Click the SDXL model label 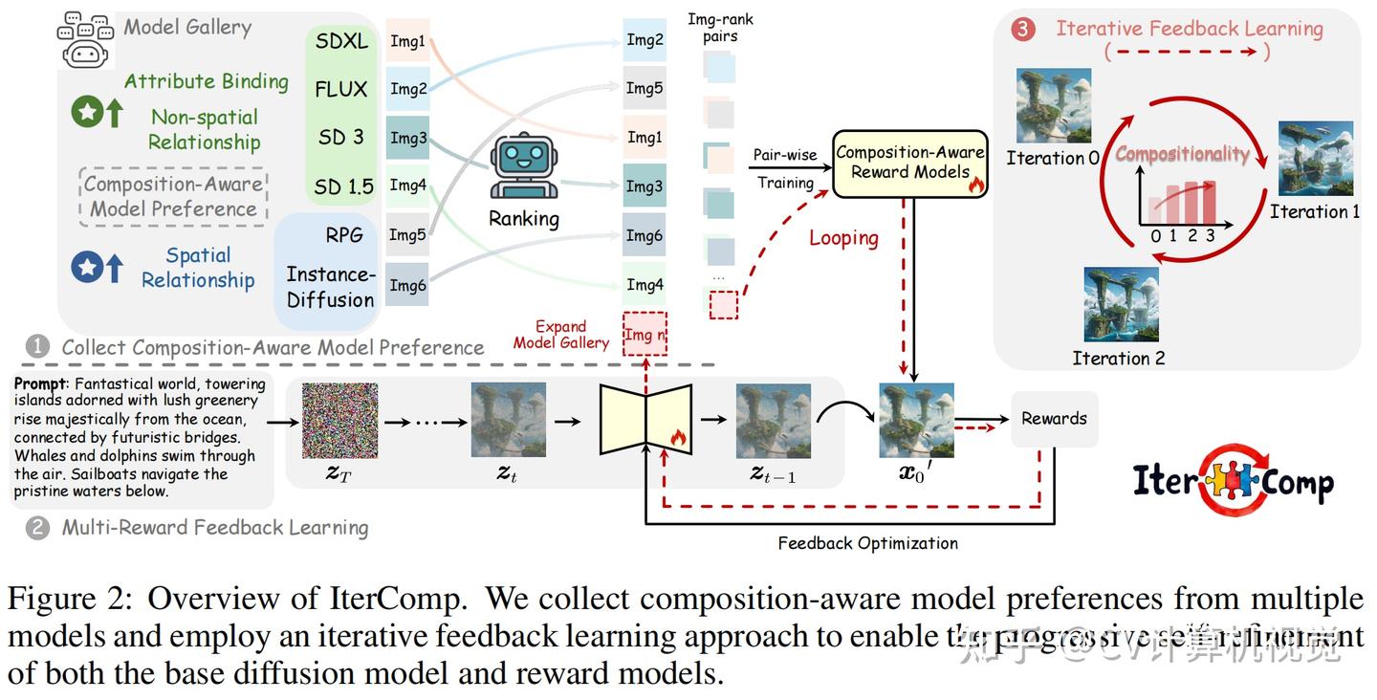341,42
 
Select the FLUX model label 341,89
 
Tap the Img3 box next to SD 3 408,138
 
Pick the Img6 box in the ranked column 645,236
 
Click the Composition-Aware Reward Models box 909,163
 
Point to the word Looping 843,237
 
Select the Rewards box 1054,419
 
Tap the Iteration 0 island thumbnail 1053,105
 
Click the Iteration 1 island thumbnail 1315,159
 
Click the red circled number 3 1023,29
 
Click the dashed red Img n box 645,335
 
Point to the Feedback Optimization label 867,543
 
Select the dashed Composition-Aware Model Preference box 172,196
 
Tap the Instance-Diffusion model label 330,287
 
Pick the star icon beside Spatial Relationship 87,268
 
